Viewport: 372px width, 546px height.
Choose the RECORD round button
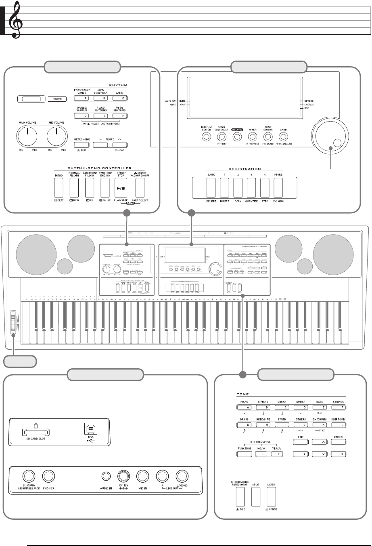[237, 137]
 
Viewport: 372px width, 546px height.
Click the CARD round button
[283, 137]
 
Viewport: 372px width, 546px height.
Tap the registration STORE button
[278, 187]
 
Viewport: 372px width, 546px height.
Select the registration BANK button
[211, 187]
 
